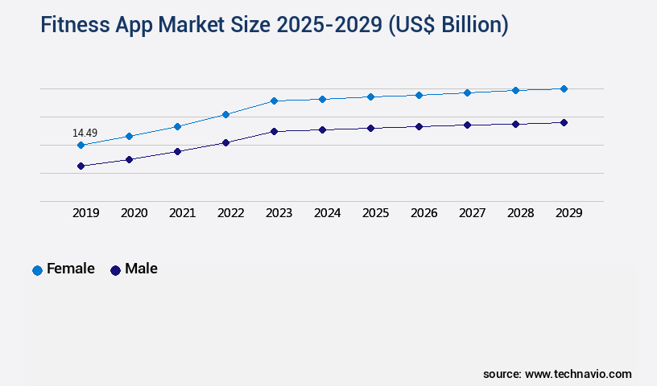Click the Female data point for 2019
[x=81, y=146]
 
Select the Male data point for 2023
[x=274, y=131]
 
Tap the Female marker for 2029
[x=564, y=88]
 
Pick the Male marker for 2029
[x=564, y=122]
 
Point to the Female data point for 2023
[x=274, y=101]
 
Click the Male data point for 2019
[x=81, y=166]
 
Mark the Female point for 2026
[x=419, y=95]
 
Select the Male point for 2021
[x=177, y=151]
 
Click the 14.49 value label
[x=85, y=133]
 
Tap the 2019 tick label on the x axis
[x=85, y=213]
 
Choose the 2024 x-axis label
[x=327, y=213]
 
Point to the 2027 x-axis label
[x=472, y=213]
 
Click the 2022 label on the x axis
[x=230, y=213]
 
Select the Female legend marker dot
[x=37, y=270]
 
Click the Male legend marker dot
[x=115, y=270]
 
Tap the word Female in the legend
[x=71, y=269]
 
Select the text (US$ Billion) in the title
[x=448, y=26]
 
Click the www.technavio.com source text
[x=578, y=374]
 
